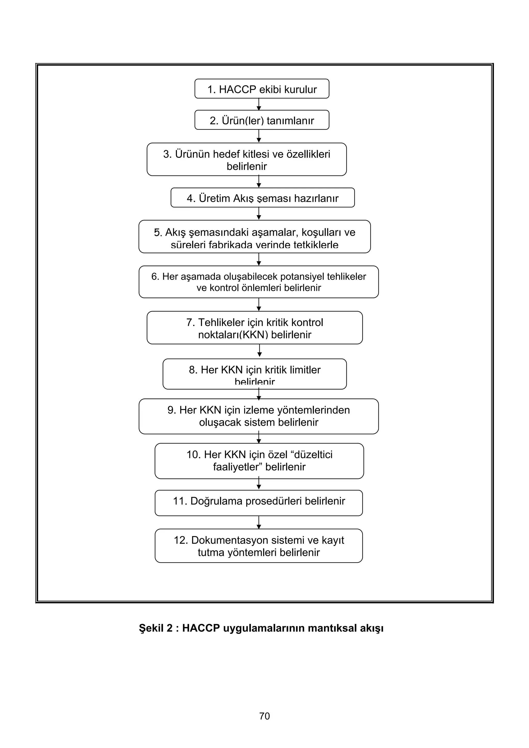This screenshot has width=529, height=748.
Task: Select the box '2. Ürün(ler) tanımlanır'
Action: click(x=262, y=120)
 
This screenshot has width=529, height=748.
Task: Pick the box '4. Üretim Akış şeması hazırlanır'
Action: click(x=262, y=198)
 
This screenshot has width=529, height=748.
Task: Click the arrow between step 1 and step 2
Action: click(x=259, y=104)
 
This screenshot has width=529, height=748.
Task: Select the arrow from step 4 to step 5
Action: click(x=259, y=213)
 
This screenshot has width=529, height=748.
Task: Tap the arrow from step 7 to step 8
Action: click(x=259, y=351)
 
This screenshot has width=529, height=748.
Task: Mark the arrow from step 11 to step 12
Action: click(x=259, y=522)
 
